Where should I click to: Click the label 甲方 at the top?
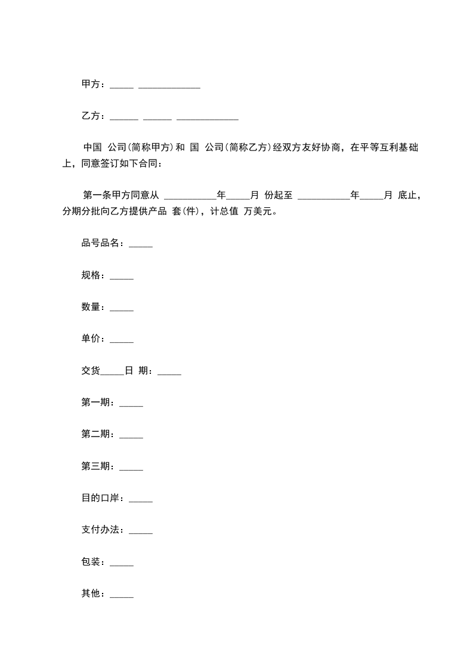(x=91, y=84)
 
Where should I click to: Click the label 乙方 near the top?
(x=91, y=116)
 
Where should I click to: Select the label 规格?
(x=91, y=275)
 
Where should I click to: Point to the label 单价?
(x=91, y=339)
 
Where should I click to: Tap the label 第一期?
(x=95, y=402)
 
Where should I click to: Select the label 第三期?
(x=95, y=466)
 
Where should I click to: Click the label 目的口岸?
(x=100, y=497)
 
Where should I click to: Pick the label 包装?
(x=91, y=561)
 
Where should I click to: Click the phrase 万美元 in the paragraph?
(x=258, y=211)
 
